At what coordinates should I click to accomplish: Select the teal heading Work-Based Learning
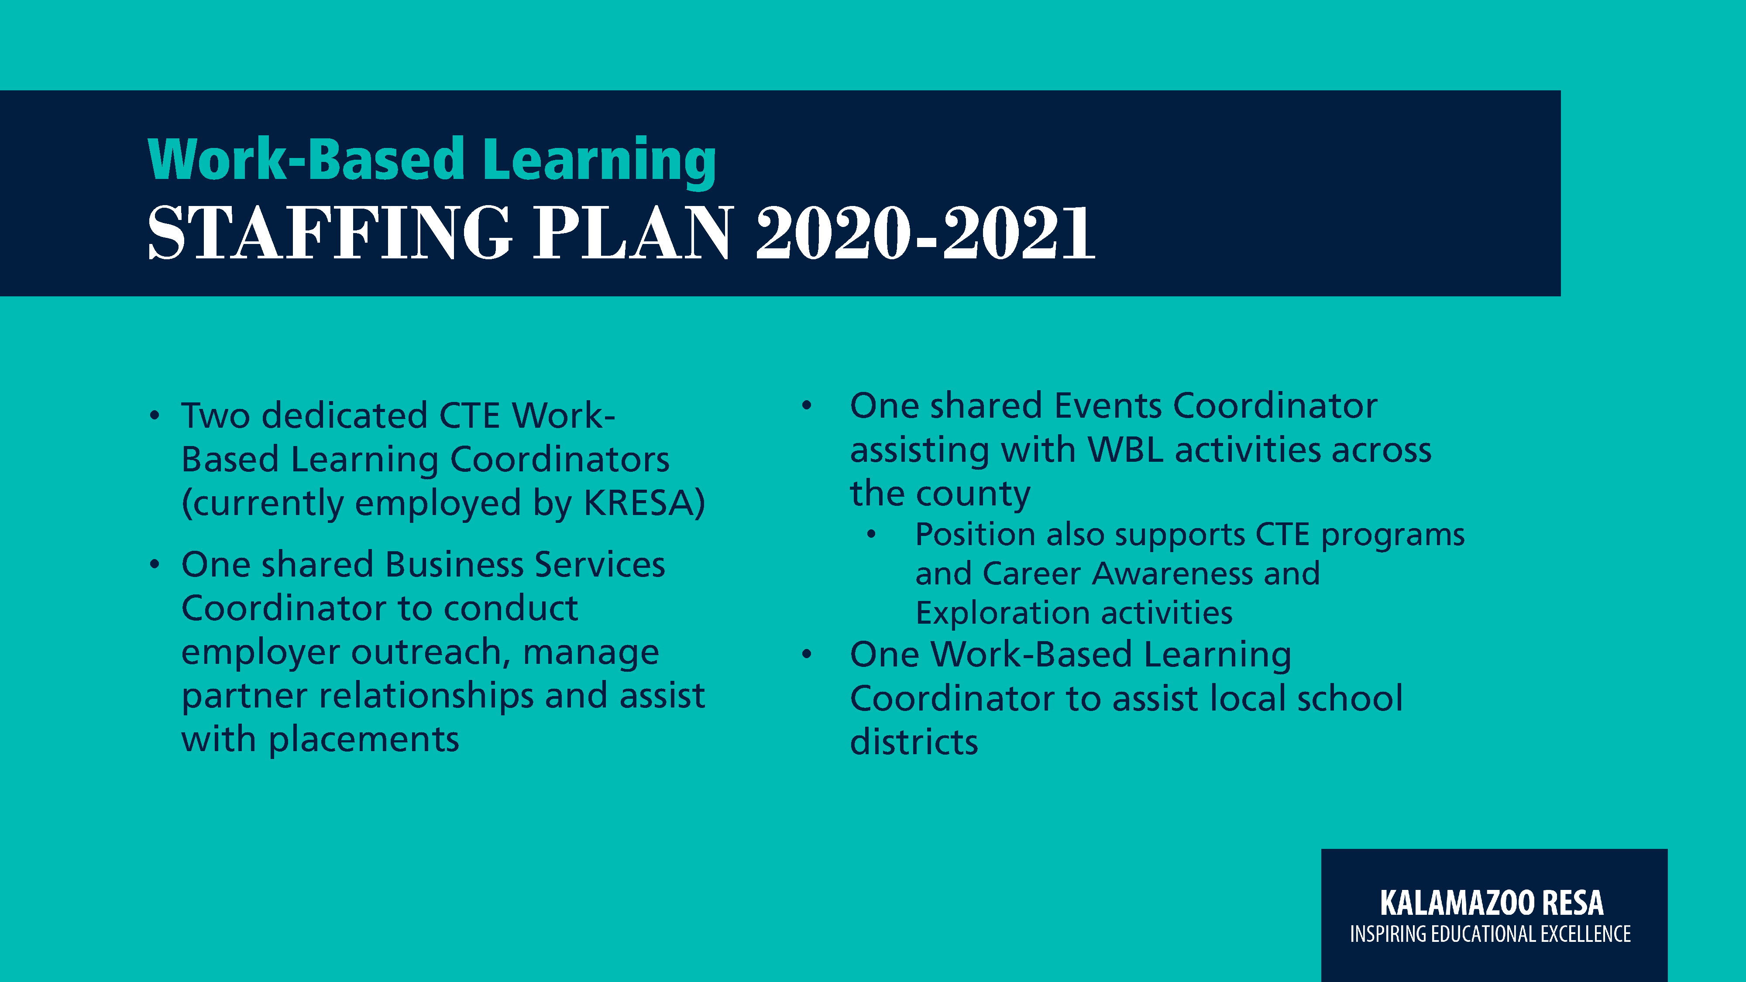pos(432,160)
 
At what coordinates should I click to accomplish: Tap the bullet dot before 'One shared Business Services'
pos(155,564)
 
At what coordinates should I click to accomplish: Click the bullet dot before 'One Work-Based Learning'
pos(807,655)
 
